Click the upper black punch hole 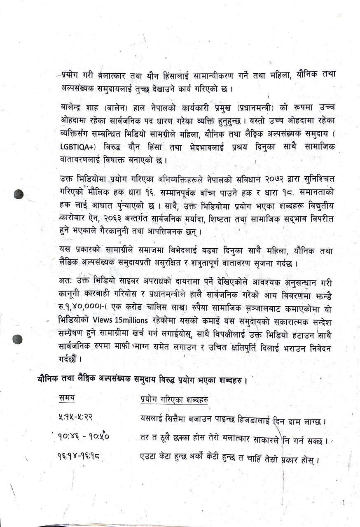19,194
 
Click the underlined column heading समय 66,398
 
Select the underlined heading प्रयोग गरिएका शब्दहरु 173,399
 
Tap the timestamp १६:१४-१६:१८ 79,456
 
